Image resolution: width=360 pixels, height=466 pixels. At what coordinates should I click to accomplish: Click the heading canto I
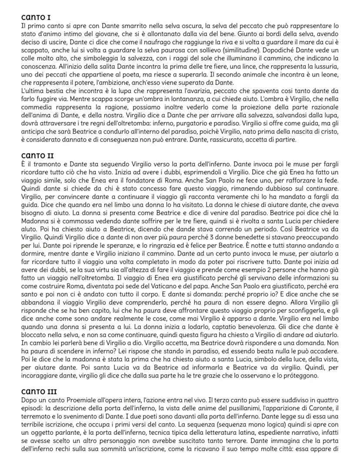pyautogui.click(x=36, y=17)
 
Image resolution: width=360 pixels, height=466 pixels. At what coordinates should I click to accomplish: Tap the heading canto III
pyautogui.click(x=39, y=392)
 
